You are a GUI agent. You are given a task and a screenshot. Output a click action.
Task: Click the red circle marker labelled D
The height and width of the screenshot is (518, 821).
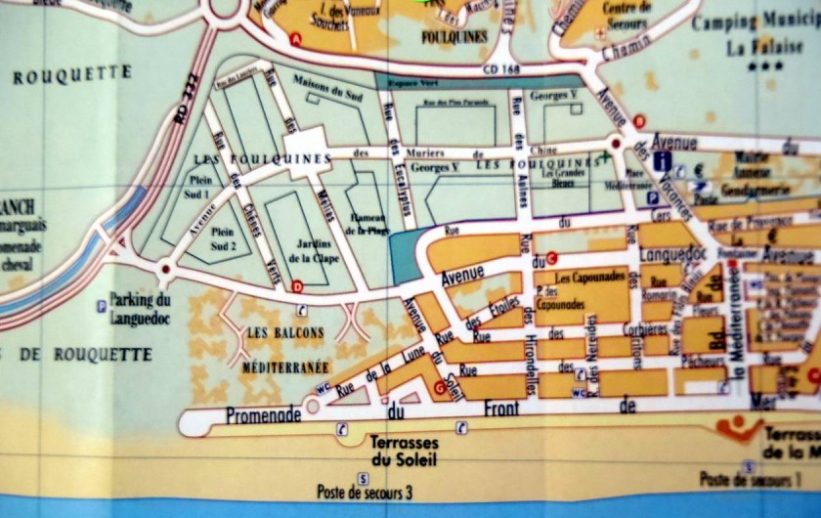297,286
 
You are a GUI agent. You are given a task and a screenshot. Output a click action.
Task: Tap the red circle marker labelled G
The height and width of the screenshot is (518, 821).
439,388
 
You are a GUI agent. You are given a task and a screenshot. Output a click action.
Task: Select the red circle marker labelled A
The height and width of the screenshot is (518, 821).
295,38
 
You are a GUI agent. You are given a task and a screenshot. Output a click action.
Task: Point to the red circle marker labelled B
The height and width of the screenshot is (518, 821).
639,120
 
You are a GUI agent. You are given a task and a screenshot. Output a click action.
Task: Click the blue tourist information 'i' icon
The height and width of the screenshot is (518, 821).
664,162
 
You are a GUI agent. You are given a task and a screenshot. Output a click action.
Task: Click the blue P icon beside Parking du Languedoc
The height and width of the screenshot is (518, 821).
101,306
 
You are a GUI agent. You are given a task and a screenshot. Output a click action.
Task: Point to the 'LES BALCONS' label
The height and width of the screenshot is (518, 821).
285,332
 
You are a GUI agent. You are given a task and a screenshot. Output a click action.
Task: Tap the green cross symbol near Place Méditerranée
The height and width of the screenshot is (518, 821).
607,155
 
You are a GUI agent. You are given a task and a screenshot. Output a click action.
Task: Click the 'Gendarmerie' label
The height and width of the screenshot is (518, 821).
767,185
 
